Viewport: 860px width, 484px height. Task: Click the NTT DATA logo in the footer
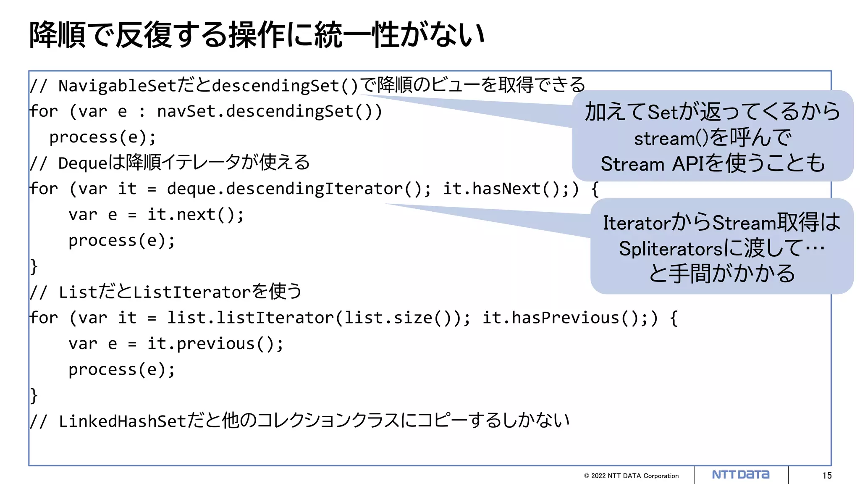[x=740, y=475]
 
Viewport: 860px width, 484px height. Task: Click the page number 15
[x=827, y=476]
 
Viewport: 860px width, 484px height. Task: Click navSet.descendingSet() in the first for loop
[x=269, y=112]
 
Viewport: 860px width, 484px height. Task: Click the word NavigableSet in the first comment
[x=117, y=86]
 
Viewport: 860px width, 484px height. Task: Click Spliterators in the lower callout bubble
[x=671, y=249]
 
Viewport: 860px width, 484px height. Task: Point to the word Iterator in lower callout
[x=637, y=223]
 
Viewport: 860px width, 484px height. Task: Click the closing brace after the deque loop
[x=34, y=267]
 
